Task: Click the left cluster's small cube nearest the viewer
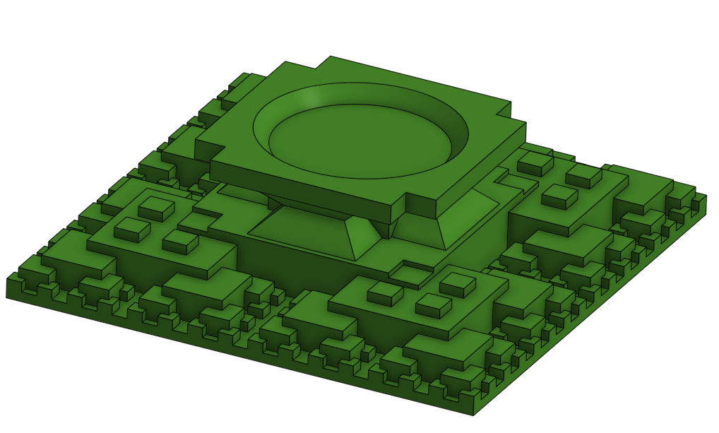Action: click(x=180, y=242)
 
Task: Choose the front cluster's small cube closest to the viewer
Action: click(x=433, y=304)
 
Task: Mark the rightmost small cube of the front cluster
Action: click(x=457, y=284)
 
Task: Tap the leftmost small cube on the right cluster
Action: click(x=534, y=163)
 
